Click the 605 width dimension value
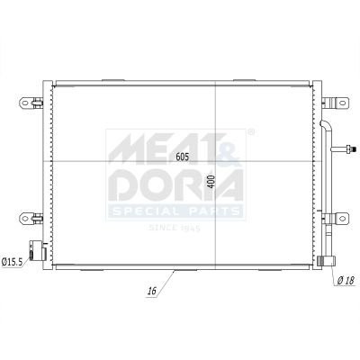click(x=183, y=157)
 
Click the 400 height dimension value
click(x=211, y=182)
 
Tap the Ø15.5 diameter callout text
click(x=12, y=262)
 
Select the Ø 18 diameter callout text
click(x=346, y=281)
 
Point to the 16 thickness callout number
click(x=152, y=291)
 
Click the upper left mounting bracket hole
click(x=25, y=103)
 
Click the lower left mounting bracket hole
click(x=25, y=218)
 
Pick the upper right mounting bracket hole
click(x=342, y=103)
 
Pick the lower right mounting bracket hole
click(x=342, y=218)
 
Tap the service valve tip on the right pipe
click(x=354, y=148)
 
